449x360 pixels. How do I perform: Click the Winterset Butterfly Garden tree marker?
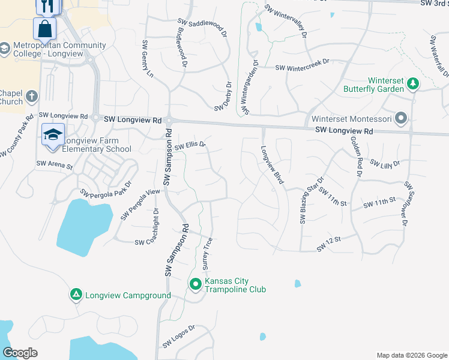[x=412, y=83]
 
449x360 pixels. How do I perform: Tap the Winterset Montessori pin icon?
[x=402, y=118]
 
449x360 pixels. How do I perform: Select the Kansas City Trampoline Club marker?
[x=196, y=284]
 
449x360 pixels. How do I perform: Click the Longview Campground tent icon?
[x=76, y=295]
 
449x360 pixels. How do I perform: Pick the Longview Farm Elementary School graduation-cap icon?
[x=52, y=135]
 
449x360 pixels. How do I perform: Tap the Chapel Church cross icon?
[x=31, y=96]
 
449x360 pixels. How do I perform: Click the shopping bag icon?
[x=45, y=28]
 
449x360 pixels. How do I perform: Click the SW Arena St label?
[x=54, y=164]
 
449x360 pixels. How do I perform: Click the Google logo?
[x=20, y=353]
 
